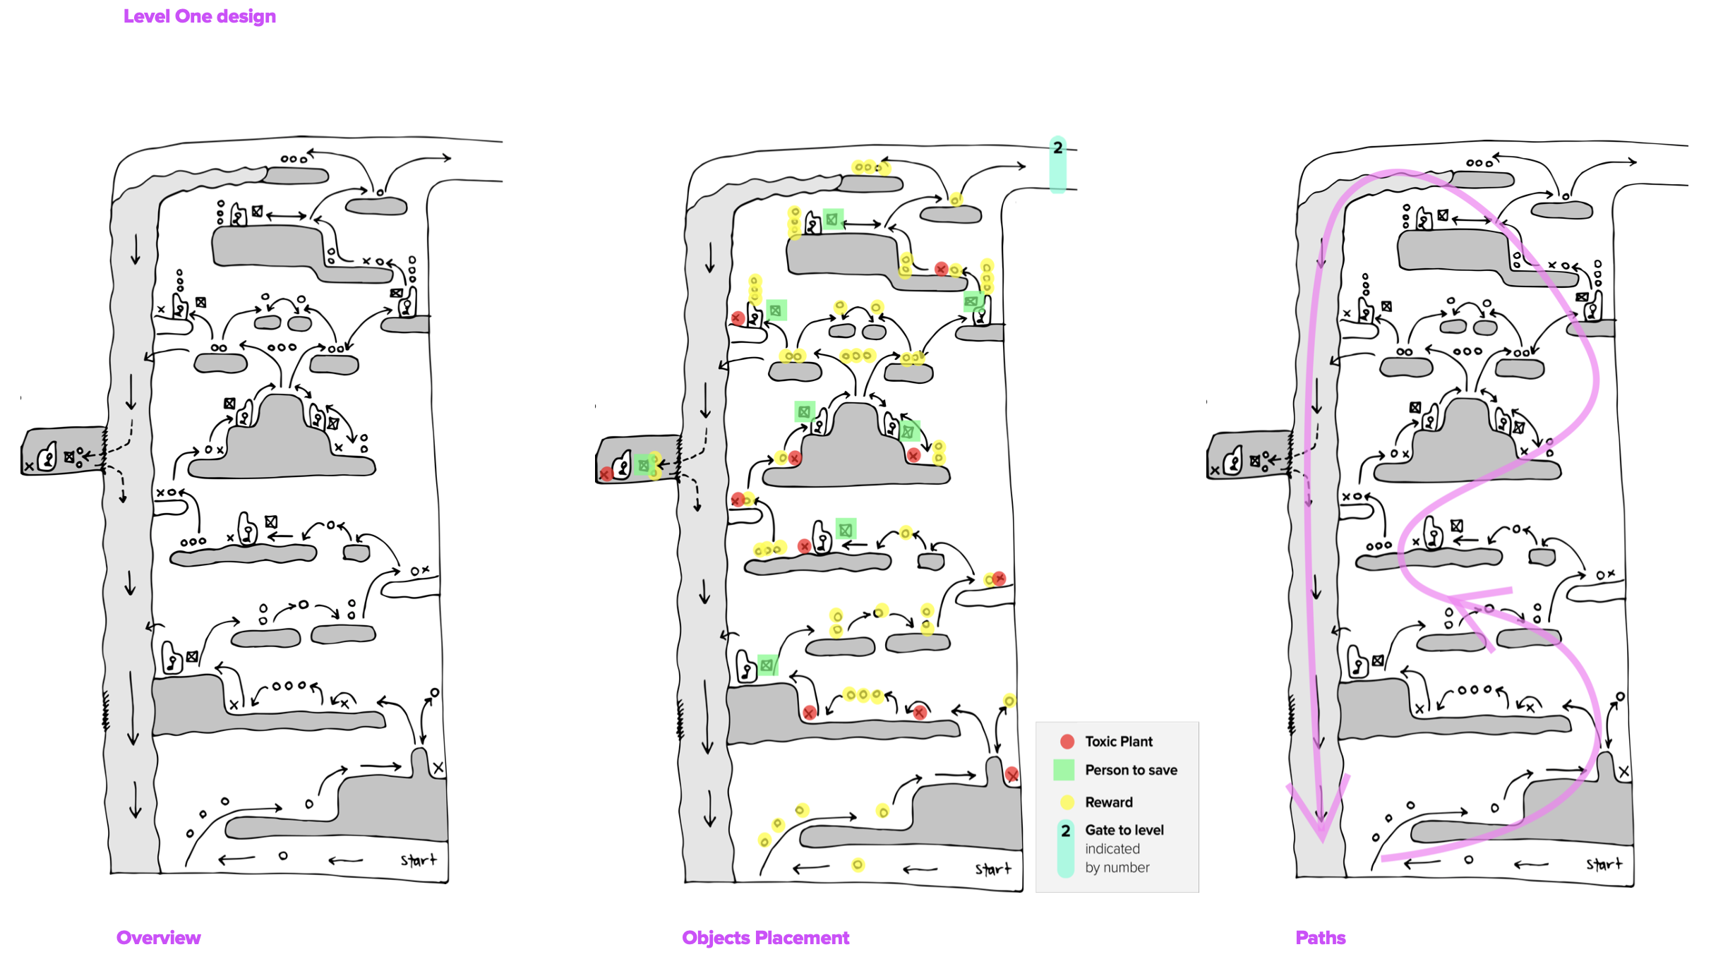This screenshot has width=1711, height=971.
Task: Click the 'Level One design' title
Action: pos(199,16)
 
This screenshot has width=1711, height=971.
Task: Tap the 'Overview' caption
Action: pos(158,937)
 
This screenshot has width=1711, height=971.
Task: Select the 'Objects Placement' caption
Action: pos(765,937)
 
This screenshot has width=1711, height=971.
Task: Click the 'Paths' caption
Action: pos(1320,937)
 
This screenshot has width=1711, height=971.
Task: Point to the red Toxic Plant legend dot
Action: pos(1067,741)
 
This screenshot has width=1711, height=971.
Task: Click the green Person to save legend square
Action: pos(1063,770)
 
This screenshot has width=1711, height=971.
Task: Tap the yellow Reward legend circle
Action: pos(1067,802)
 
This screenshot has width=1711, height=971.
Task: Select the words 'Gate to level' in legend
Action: pos(1124,830)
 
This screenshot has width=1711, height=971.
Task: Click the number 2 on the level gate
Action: pos(1057,147)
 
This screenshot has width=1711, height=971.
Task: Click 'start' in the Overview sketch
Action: pos(419,860)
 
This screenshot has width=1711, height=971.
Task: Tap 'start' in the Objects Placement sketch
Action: pos(993,869)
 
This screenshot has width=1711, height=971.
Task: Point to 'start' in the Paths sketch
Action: pos(1604,864)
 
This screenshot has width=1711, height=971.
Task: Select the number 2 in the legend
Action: pos(1065,831)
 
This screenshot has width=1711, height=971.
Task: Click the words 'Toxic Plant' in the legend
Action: pos(1118,741)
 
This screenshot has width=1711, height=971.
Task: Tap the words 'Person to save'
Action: pos(1131,770)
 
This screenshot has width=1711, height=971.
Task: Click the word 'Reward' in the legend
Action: pos(1108,802)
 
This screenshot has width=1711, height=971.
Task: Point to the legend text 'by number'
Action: pos(1117,867)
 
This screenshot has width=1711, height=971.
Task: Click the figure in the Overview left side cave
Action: pos(47,457)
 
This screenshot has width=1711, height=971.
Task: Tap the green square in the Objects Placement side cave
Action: pos(643,465)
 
